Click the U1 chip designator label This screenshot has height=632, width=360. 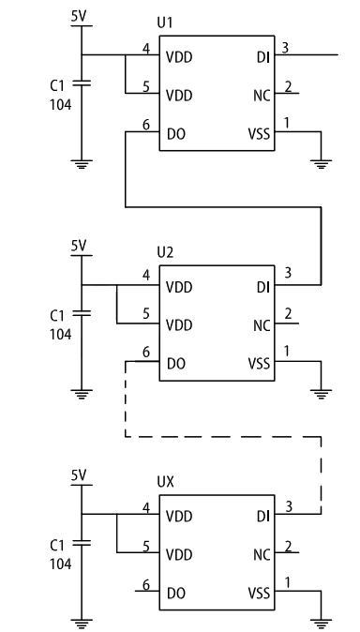[165, 23]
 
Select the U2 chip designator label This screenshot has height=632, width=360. [165, 252]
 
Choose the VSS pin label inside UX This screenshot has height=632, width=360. [258, 593]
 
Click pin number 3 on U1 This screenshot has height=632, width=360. [285, 46]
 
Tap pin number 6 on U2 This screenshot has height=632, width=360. [144, 352]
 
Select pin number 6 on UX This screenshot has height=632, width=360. [144, 583]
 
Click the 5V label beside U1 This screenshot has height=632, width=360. [79, 17]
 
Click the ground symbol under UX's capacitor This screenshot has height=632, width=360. [82, 619]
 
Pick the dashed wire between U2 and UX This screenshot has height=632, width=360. [225, 436]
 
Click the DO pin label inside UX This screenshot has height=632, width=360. [175, 593]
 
